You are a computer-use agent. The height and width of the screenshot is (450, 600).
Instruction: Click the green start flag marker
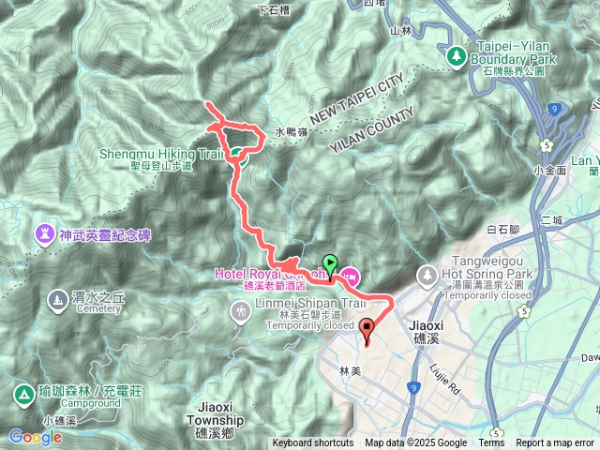click(x=329, y=264)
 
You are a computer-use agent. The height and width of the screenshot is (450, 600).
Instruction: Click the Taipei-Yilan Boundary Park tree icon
click(x=457, y=55)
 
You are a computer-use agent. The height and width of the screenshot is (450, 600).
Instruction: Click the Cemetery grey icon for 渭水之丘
click(x=55, y=300)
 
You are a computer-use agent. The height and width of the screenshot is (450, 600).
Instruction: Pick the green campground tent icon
click(x=21, y=393)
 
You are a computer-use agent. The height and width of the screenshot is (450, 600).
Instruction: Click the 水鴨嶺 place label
click(x=292, y=133)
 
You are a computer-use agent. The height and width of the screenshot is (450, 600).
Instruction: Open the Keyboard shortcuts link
click(x=313, y=443)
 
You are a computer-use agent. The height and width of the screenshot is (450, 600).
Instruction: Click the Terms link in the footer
click(x=491, y=443)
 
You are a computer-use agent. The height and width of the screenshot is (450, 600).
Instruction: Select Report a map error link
click(x=556, y=443)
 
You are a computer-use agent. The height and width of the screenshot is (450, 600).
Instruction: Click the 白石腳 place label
click(x=505, y=229)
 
